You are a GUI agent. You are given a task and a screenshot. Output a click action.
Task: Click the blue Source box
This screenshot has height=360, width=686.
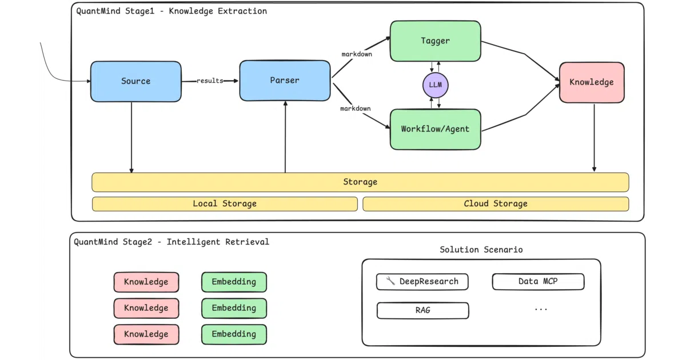pyautogui.click(x=135, y=81)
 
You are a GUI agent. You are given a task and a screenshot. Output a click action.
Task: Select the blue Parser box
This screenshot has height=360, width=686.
pyautogui.click(x=285, y=81)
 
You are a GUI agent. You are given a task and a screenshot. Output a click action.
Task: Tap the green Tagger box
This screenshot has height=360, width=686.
pyautogui.click(x=435, y=41)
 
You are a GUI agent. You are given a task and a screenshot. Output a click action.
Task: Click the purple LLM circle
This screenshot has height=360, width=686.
pyautogui.click(x=435, y=85)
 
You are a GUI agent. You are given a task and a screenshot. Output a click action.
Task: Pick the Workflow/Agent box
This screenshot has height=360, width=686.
pyautogui.click(x=435, y=129)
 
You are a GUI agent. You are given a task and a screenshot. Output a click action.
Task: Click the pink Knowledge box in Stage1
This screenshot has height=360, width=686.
pyautogui.click(x=592, y=82)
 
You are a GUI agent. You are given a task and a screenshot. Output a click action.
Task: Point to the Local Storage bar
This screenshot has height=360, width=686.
pyautogui.click(x=225, y=204)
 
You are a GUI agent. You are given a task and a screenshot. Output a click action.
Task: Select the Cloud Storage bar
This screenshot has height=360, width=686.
pyautogui.click(x=496, y=204)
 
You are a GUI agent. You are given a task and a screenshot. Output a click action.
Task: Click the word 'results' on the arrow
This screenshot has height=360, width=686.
pyautogui.click(x=210, y=81)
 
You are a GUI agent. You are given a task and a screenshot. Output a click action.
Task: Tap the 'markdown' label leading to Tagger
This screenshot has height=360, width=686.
pyautogui.click(x=357, y=54)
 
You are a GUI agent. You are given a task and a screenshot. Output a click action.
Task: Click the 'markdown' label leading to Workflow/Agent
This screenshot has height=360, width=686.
pyautogui.click(x=356, y=109)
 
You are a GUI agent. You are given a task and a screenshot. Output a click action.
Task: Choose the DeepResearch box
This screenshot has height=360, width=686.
pyautogui.click(x=422, y=282)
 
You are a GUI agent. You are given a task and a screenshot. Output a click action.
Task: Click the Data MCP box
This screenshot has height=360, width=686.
pyautogui.click(x=538, y=281)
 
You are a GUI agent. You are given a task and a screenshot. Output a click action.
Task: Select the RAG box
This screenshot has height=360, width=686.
pyautogui.click(x=422, y=310)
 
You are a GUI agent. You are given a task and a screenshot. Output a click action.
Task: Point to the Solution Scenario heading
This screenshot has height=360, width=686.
pyautogui.click(x=481, y=250)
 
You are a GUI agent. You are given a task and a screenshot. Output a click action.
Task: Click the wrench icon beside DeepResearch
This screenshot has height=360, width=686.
pyautogui.click(x=390, y=281)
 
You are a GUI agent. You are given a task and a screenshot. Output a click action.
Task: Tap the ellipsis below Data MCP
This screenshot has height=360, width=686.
pyautogui.click(x=541, y=310)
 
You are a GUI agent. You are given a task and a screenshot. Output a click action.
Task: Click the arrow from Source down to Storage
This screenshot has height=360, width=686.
pyautogui.click(x=131, y=138)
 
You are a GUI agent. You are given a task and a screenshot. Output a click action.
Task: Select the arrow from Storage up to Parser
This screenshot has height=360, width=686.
pyautogui.click(x=285, y=137)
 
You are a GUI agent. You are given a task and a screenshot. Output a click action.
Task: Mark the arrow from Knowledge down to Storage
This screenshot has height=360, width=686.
pyautogui.click(x=594, y=138)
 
